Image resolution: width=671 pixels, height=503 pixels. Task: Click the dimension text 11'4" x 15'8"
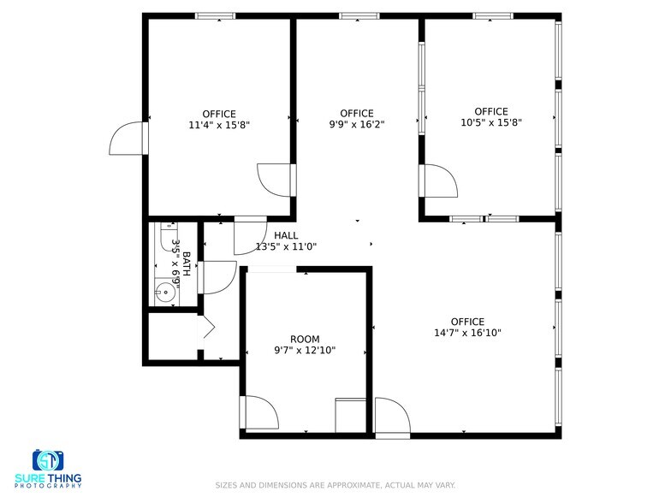click(219, 125)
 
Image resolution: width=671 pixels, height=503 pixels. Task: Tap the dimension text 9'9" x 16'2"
click(357, 125)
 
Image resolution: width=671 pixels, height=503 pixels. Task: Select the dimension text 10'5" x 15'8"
click(491, 122)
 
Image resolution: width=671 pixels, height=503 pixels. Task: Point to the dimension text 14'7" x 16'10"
click(467, 334)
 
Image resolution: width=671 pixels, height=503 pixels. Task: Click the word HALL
click(286, 235)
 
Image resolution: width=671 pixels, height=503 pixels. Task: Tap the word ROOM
click(305, 339)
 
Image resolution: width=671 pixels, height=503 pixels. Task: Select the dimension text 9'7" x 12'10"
click(305, 350)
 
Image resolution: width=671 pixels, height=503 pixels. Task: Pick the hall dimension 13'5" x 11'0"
click(287, 247)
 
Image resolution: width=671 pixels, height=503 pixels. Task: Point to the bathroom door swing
click(217, 277)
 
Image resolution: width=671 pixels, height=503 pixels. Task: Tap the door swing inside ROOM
click(260, 413)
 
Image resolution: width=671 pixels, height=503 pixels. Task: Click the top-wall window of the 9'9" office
click(359, 15)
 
